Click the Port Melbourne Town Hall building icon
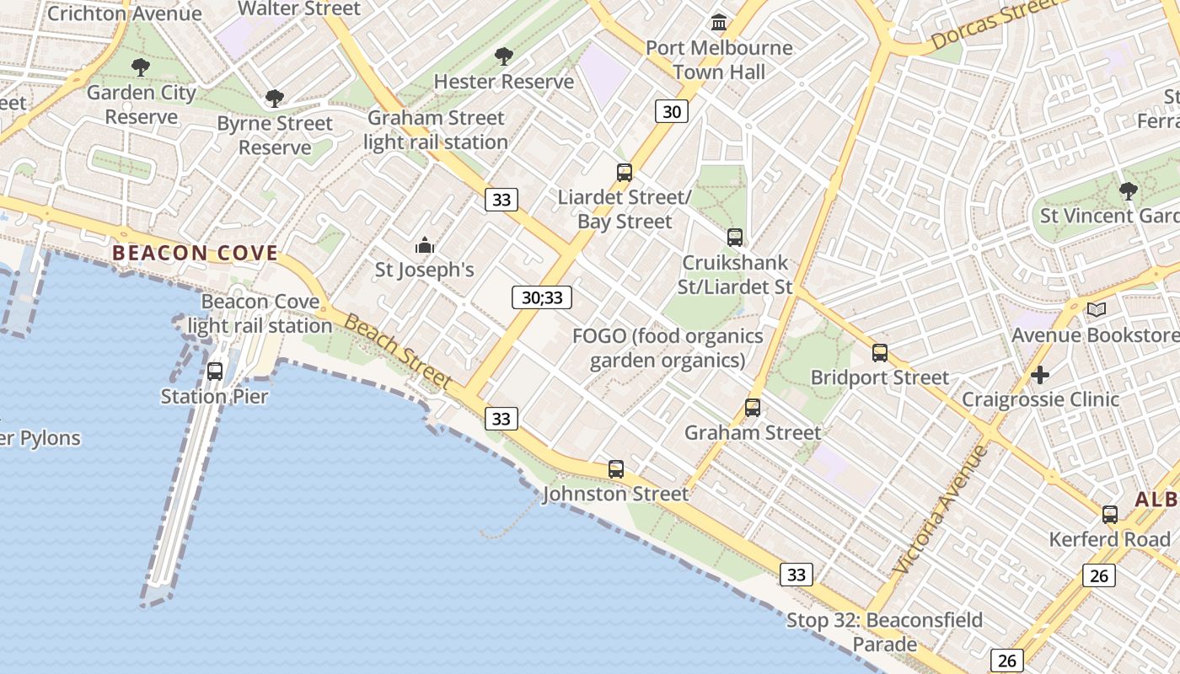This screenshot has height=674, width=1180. [x=719, y=21]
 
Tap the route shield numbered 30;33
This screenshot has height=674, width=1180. [x=542, y=297]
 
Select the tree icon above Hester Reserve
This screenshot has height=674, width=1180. [x=504, y=56]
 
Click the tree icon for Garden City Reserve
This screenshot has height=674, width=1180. [x=141, y=67]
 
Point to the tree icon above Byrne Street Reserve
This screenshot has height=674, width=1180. [x=274, y=99]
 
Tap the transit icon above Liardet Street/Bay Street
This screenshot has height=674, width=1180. [x=625, y=173]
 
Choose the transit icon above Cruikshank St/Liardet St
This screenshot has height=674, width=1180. [x=735, y=238]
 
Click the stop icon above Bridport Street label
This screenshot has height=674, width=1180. [x=880, y=353]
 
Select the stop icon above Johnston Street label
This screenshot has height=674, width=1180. [x=616, y=469]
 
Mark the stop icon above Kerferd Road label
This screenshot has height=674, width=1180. [x=1110, y=515]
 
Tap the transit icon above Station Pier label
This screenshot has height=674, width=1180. [x=215, y=372]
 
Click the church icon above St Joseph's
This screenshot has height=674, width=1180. [x=425, y=246]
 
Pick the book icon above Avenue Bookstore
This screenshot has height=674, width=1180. [x=1096, y=310]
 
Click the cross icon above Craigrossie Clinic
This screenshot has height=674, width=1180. [x=1040, y=374]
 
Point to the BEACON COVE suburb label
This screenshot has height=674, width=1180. [x=195, y=253]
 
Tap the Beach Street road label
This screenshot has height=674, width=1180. [x=398, y=352]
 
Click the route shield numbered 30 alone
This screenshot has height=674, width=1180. [x=672, y=111]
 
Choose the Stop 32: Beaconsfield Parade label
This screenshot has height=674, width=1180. [x=884, y=632]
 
